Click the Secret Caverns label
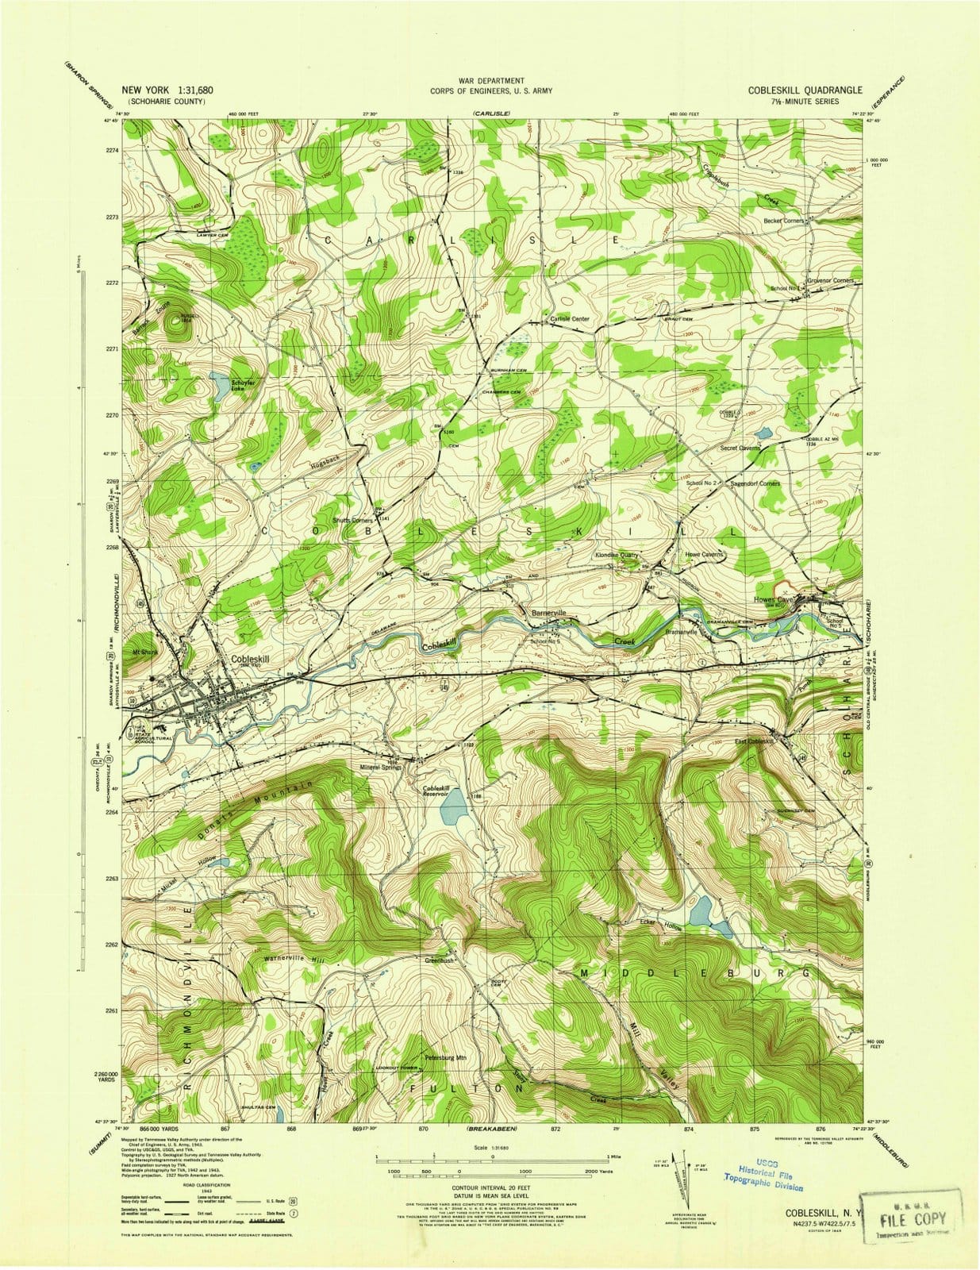point(740,448)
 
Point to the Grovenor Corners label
point(831,280)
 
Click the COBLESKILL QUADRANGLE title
point(805,90)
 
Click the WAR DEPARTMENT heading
point(491,81)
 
